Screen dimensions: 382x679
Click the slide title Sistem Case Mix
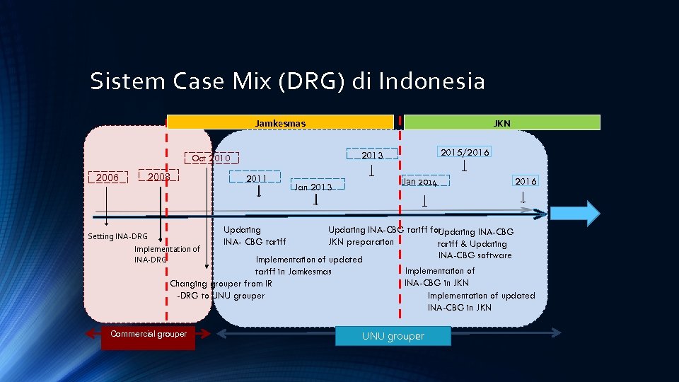(287, 81)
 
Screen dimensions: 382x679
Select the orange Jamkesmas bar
(280, 123)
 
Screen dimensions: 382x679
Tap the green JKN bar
(501, 123)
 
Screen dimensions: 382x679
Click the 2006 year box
(108, 178)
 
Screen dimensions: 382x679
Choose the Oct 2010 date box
(211, 158)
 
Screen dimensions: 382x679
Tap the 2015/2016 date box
(464, 152)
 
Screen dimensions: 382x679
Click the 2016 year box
(526, 181)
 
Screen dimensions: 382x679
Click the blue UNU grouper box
(393, 336)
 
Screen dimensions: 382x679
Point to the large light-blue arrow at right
(574, 213)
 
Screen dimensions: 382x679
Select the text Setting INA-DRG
(117, 236)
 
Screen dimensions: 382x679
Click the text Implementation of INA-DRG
(166, 254)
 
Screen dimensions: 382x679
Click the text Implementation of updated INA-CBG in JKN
(481, 301)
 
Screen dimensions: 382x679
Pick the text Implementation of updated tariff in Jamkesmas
(308, 265)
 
